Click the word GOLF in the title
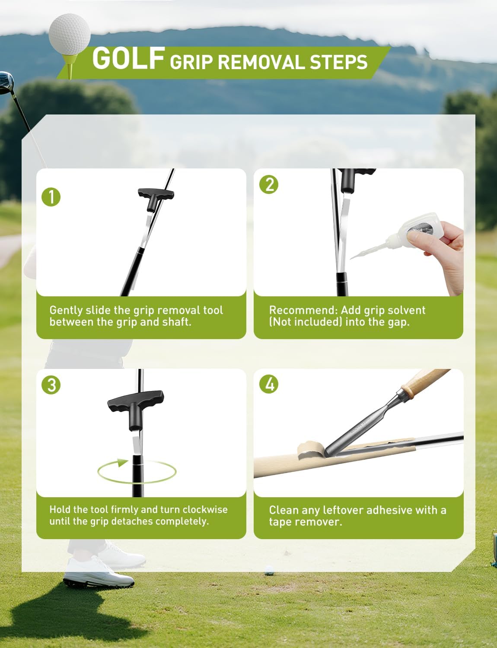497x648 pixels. pyautogui.click(x=128, y=58)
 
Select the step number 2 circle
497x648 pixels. pyautogui.click(x=269, y=184)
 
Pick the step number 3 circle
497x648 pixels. pyautogui.click(x=51, y=384)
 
